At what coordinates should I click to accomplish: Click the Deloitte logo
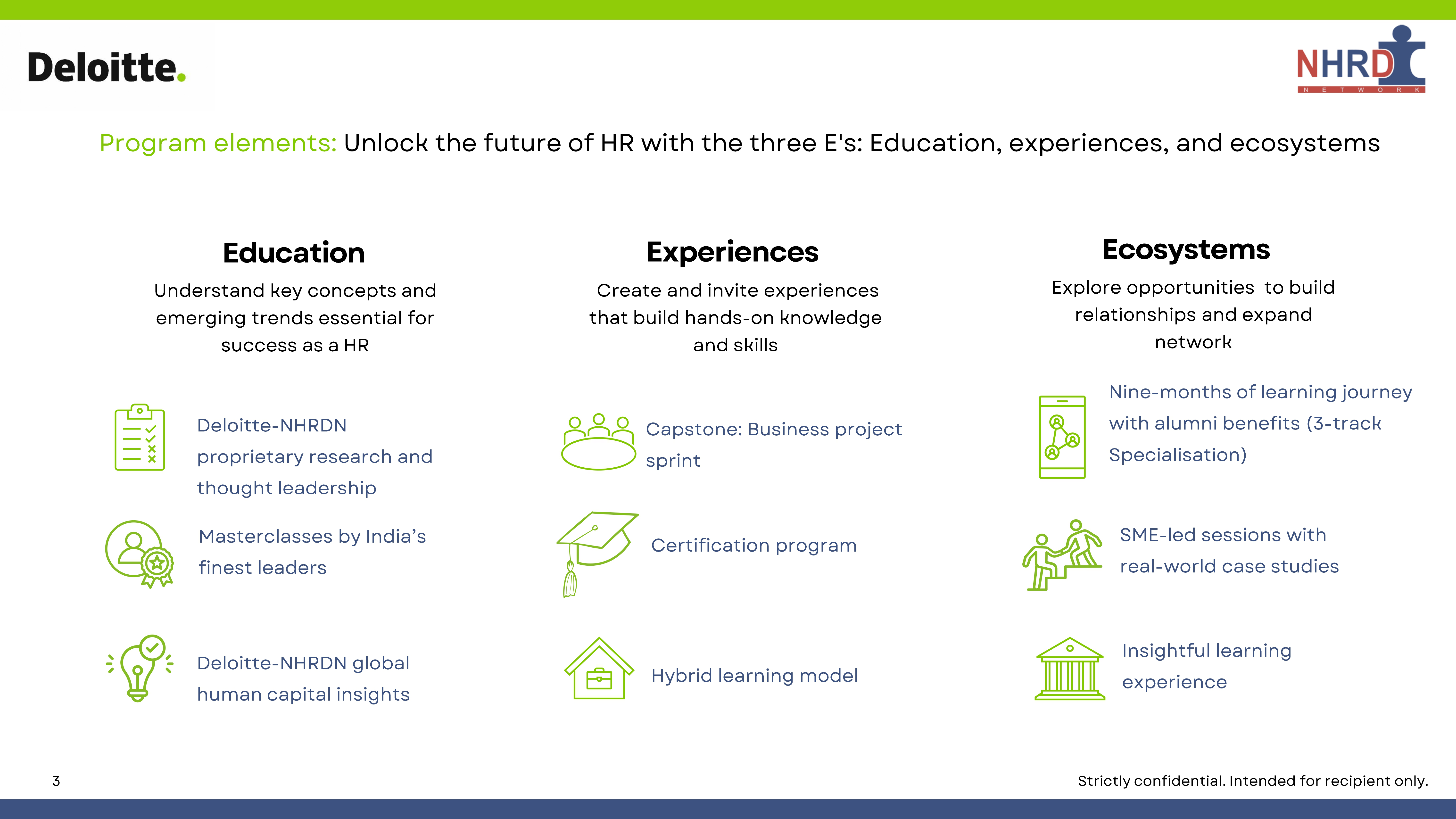coord(107,68)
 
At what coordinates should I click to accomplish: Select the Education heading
coord(294,253)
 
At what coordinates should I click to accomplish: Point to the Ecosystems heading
coord(1186,250)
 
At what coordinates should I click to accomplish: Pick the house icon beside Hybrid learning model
coord(599,669)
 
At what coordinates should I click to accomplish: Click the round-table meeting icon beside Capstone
coord(599,442)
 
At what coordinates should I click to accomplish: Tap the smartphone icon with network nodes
coord(1062,437)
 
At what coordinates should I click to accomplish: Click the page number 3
coord(56,781)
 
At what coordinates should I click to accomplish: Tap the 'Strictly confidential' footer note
coord(1252,781)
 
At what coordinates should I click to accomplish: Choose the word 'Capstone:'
coord(694,430)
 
